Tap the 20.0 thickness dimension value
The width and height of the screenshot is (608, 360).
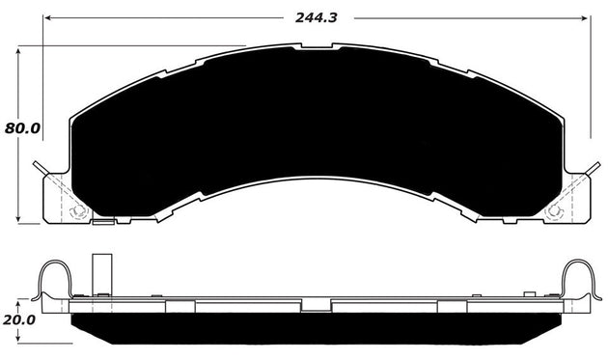click(19, 319)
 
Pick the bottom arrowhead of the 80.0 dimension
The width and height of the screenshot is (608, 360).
click(18, 221)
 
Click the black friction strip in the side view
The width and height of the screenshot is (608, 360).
click(318, 333)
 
